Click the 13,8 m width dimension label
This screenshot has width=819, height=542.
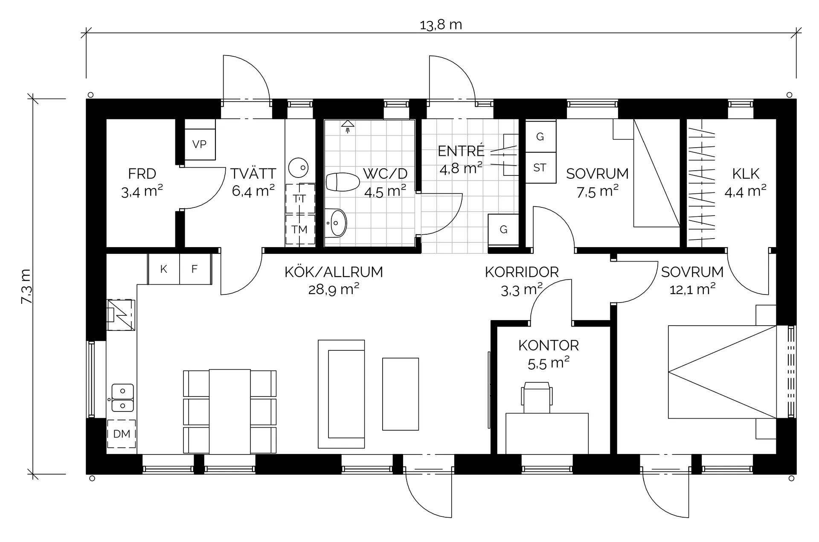(441, 25)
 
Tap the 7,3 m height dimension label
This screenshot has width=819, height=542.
(26, 286)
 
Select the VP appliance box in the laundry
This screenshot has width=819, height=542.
(200, 144)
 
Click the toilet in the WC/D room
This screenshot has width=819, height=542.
(343, 182)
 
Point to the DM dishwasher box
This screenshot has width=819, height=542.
(122, 434)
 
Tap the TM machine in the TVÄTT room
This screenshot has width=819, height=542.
(300, 229)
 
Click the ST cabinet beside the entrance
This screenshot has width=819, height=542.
(540, 168)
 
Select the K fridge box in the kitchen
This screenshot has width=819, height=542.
(164, 269)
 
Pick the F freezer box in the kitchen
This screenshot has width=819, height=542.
(195, 269)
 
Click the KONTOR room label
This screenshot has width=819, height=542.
(549, 345)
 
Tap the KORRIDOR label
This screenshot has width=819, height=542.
(522, 272)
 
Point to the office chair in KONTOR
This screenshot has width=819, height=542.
(537, 397)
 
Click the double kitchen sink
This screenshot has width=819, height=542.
(122, 397)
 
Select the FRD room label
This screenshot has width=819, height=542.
(142, 174)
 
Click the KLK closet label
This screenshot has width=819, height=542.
(746, 174)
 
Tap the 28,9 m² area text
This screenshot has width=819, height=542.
(334, 290)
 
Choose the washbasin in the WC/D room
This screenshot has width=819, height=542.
(336, 222)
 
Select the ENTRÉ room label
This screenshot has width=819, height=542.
(461, 151)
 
